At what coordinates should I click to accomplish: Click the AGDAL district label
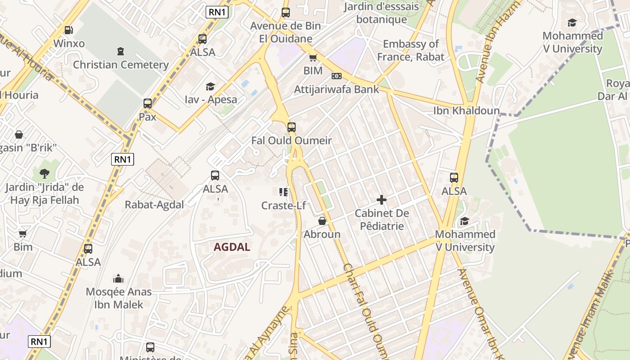click(232, 247)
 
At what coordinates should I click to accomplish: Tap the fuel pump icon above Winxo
click(68, 30)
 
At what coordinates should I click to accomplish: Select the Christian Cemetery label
click(121, 65)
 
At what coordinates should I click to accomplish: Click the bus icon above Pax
click(147, 103)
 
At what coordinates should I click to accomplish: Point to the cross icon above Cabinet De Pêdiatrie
click(382, 199)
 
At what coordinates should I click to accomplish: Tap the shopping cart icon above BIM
click(313, 58)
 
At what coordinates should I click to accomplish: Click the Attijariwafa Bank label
click(337, 90)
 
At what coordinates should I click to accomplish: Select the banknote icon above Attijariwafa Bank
click(337, 76)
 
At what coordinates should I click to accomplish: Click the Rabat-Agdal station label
click(154, 205)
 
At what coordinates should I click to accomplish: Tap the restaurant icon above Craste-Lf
click(283, 193)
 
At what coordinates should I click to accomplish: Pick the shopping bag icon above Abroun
click(322, 221)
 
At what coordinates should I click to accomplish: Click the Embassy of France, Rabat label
click(410, 50)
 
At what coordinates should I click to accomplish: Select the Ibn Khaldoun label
click(466, 111)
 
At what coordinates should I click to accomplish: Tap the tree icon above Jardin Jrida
click(44, 173)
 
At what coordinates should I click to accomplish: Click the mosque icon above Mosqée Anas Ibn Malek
click(118, 279)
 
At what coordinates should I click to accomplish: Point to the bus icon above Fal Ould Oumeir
click(292, 127)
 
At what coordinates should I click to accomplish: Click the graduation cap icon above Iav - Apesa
click(210, 86)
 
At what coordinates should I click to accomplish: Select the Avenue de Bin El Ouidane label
click(286, 32)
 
